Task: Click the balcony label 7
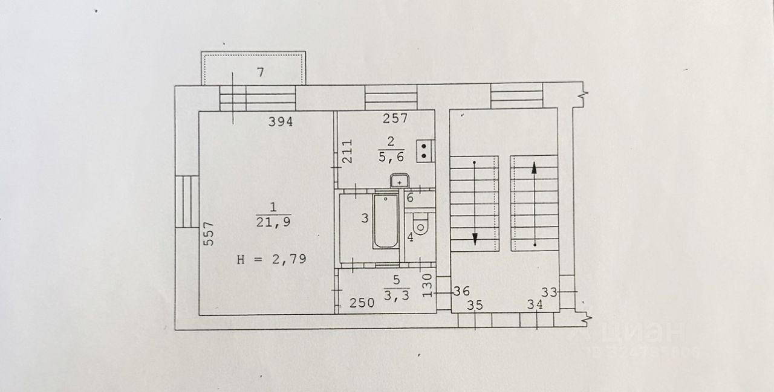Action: pyautogui.click(x=260, y=72)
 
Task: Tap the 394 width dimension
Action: pyautogui.click(x=281, y=122)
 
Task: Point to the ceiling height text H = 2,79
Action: pyautogui.click(x=272, y=260)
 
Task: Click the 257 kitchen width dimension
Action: pyautogui.click(x=396, y=119)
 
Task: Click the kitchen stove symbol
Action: pyautogui.click(x=426, y=150)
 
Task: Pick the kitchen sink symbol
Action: pyautogui.click(x=400, y=181)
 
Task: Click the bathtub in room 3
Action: pyautogui.click(x=385, y=221)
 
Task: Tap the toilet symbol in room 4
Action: pyautogui.click(x=423, y=223)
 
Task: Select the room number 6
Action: pyautogui.click(x=409, y=198)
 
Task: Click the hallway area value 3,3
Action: pyautogui.click(x=397, y=296)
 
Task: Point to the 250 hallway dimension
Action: pyautogui.click(x=363, y=303)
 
